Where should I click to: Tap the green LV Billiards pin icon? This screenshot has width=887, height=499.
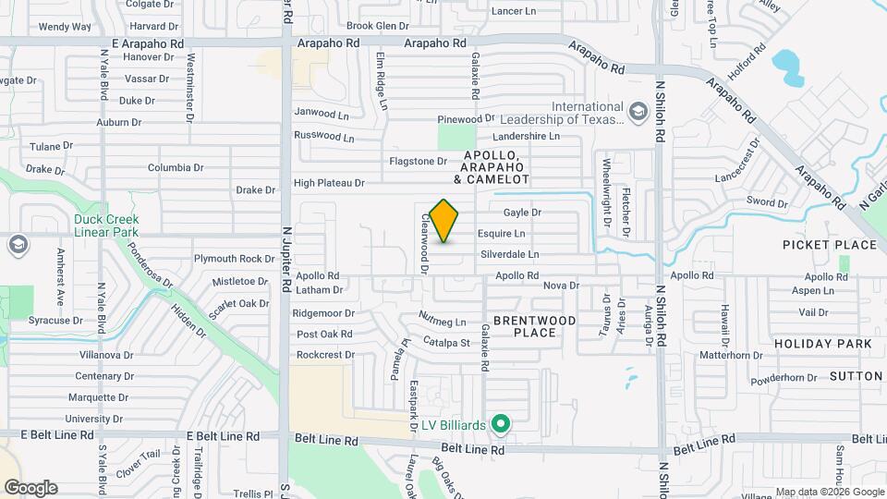502,424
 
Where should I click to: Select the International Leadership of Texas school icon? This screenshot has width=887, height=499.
638,112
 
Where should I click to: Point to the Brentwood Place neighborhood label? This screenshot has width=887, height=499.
534,326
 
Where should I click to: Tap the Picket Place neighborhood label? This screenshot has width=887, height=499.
829,245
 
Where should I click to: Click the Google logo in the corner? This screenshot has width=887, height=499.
30,488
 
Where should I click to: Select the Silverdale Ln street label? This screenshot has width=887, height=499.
509,254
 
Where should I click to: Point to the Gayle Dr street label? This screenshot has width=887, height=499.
522,213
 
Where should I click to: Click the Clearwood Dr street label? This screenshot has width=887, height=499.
426,244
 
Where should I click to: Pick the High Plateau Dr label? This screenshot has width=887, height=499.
330,183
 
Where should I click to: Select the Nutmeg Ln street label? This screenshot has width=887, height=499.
443,322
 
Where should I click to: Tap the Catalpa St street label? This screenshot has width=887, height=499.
447,343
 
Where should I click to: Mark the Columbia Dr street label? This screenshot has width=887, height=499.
176,168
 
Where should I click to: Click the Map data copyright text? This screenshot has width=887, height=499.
829,492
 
